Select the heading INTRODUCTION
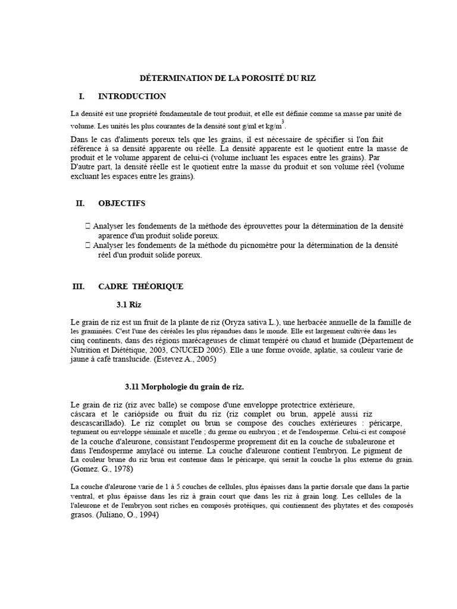coord(132,96)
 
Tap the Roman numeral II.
coord(80,203)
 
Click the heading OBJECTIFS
coord(121,203)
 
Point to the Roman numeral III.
coord(79,287)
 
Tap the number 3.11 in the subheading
coord(132,387)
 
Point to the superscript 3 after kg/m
coord(283,121)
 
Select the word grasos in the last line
coord(82,516)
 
